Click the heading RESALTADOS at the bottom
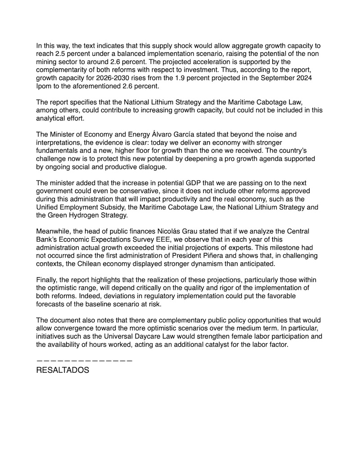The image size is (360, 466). pos(63,371)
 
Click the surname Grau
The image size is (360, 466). pos(189,232)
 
